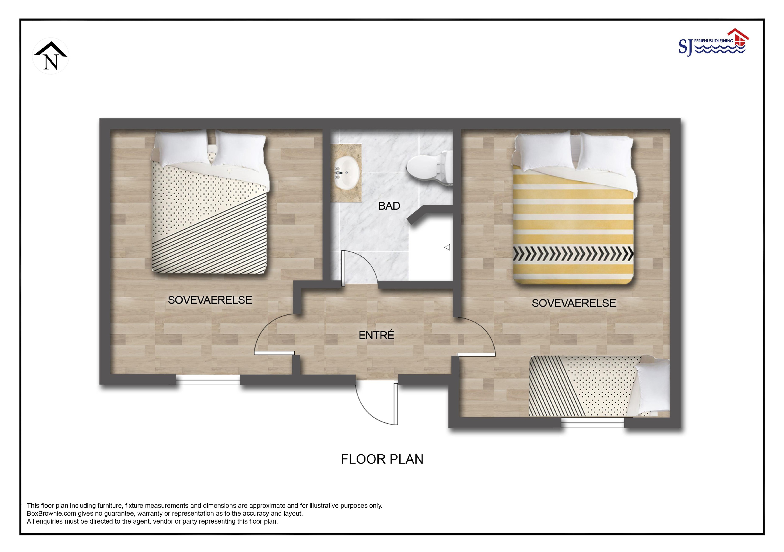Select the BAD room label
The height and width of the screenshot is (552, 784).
(389, 206)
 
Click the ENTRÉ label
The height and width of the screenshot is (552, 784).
(376, 335)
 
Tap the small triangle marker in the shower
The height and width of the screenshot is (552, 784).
(447, 247)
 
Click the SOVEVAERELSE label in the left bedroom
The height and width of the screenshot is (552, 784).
(210, 300)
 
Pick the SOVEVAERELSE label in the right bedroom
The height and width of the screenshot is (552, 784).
(574, 303)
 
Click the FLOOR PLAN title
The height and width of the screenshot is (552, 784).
(382, 459)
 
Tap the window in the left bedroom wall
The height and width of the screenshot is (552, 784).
(208, 380)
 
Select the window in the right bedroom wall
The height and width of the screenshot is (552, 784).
(593, 423)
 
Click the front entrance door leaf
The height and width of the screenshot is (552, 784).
(396, 404)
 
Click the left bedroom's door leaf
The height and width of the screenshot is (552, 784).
(274, 353)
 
